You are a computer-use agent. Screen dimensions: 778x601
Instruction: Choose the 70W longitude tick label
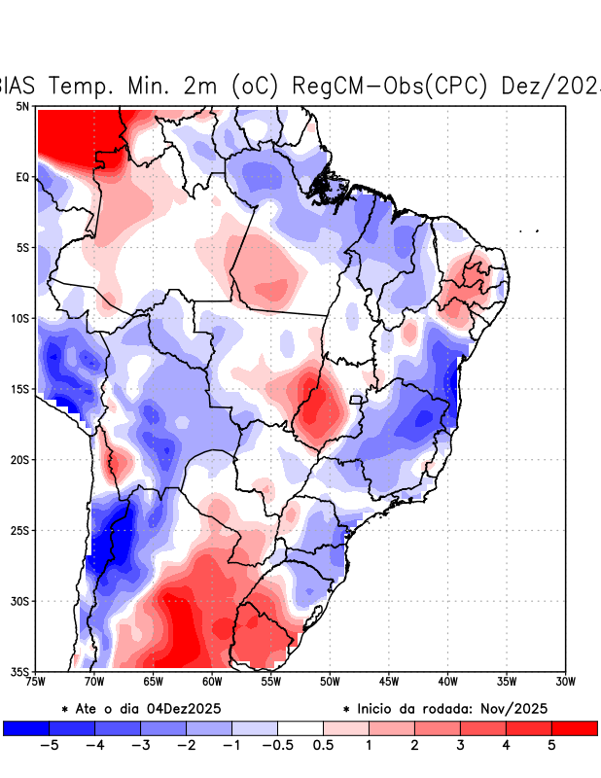(94, 682)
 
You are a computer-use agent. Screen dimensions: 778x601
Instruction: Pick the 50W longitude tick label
(330, 682)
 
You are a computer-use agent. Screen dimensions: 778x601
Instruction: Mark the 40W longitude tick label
(447, 682)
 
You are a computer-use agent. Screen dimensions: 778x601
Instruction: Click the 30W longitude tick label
(565, 682)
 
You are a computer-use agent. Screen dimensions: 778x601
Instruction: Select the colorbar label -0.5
(277, 746)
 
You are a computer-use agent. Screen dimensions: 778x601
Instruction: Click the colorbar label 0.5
(324, 746)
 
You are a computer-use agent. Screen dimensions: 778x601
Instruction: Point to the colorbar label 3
(460, 746)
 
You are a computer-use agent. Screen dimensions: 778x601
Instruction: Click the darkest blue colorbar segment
(26, 727)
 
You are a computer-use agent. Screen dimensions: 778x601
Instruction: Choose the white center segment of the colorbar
(300, 727)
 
